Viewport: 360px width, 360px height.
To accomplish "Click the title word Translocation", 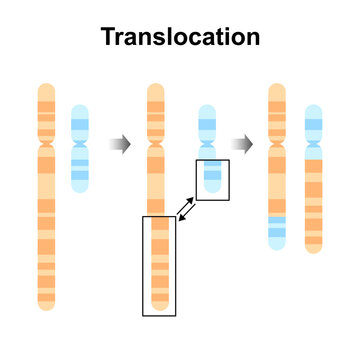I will [180, 38].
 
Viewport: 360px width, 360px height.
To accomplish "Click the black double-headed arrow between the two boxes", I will [187, 208].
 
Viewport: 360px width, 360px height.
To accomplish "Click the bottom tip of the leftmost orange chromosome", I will [45, 305].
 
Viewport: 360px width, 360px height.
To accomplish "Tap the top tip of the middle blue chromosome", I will [208, 109].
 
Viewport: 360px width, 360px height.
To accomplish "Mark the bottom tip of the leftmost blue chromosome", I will [80, 188].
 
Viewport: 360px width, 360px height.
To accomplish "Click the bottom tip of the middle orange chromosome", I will [157, 305].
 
